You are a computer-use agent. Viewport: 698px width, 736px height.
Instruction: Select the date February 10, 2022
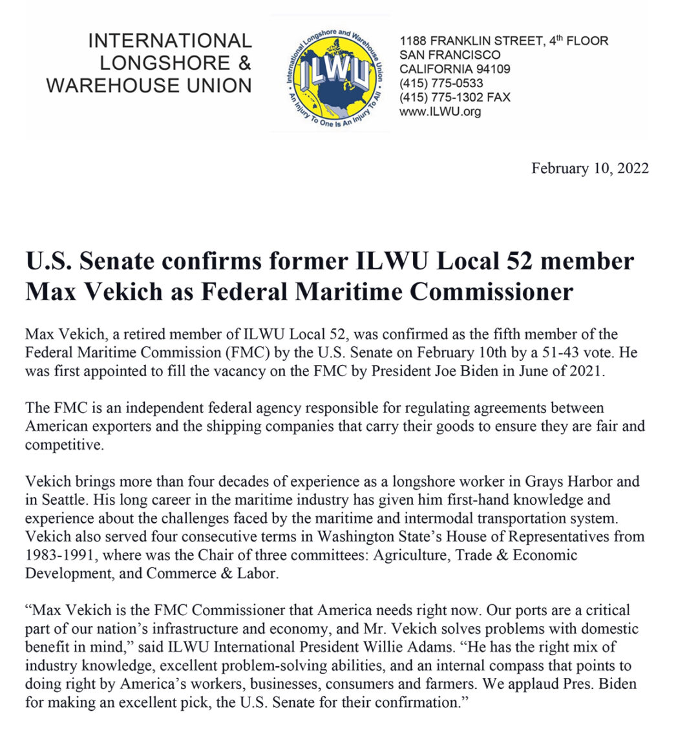[589, 169]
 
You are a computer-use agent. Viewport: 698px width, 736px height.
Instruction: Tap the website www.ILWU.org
[440, 111]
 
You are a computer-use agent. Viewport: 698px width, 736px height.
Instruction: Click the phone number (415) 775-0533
[441, 83]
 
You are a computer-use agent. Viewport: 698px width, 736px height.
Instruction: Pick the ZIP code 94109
[490, 69]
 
